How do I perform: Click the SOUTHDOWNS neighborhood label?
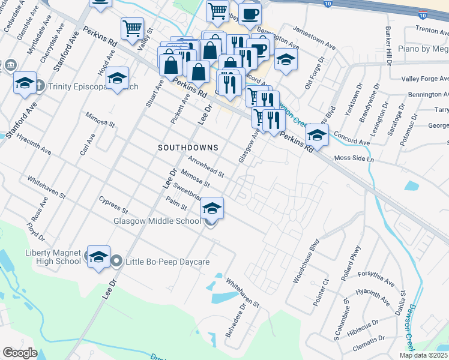[x=188, y=147]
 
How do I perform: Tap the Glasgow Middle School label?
[x=157, y=221]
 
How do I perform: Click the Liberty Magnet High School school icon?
[x=98, y=257]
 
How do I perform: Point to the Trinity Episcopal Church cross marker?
[x=40, y=86]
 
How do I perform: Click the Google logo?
[x=20, y=353]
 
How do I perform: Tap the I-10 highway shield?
[x=342, y=4]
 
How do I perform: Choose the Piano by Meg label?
[x=423, y=48]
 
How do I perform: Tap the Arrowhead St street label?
[x=205, y=166]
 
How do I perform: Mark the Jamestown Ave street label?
[x=315, y=35]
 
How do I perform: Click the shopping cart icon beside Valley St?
[x=131, y=28]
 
